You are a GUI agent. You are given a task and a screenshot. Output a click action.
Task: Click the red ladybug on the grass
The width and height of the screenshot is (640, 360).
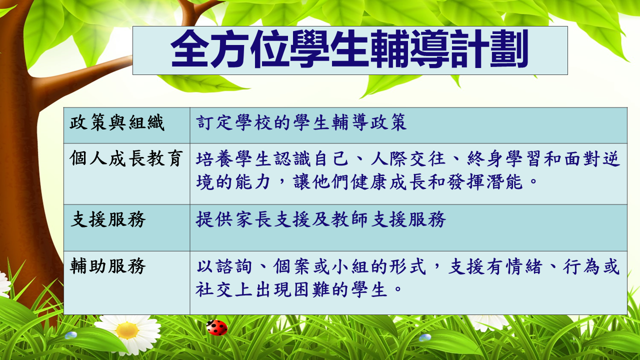217,327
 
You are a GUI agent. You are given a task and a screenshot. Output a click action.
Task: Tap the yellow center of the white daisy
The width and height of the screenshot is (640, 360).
127,330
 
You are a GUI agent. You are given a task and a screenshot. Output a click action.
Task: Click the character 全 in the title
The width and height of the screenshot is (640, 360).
189,49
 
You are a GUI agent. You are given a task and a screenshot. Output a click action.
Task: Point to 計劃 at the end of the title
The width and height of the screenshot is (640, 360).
489,49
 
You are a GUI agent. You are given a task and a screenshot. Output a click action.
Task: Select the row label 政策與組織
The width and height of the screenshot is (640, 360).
117,122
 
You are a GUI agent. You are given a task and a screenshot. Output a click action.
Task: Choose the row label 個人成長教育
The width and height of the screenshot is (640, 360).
126,158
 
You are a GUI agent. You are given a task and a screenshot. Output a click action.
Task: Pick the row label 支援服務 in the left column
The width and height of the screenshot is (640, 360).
107,219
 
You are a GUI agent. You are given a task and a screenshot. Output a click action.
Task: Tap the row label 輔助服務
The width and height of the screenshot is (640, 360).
107,266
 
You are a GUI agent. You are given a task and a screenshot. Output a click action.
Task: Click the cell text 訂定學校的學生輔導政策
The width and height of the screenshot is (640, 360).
301,122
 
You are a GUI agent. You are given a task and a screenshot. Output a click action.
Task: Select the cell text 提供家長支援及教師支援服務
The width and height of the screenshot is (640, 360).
320,219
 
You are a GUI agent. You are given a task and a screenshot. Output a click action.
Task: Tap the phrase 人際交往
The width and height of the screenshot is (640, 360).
407,158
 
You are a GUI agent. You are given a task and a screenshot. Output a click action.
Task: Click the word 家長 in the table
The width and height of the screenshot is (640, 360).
253,219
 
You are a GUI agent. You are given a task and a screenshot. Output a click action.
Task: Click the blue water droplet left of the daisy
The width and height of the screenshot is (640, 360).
71,335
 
